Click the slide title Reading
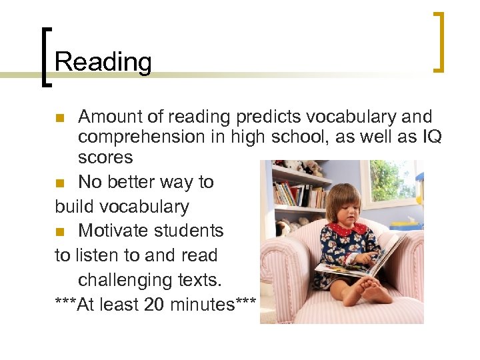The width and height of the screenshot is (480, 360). click(x=103, y=62)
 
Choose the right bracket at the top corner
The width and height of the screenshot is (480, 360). click(x=439, y=41)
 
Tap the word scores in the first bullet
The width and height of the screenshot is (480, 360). click(x=105, y=157)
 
